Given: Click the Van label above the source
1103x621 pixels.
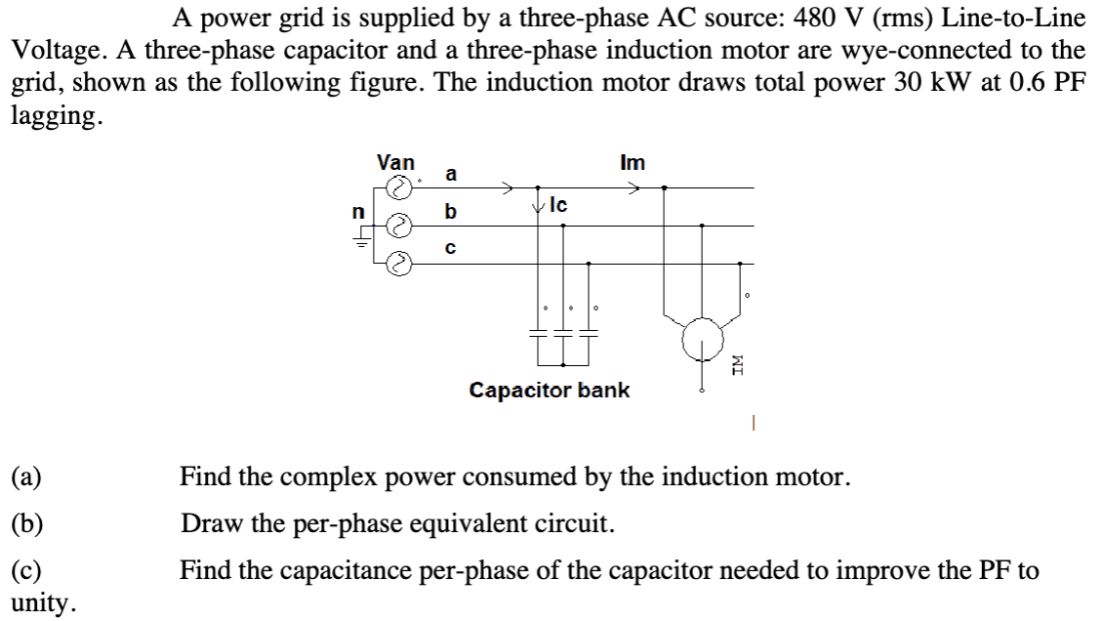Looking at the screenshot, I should tap(395, 162).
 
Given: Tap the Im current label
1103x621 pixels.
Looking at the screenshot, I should tap(632, 163).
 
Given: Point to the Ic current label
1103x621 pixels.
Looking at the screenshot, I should tap(559, 205).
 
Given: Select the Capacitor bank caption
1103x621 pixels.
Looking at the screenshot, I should tap(550, 391).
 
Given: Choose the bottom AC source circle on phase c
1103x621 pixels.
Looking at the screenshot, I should tap(397, 263).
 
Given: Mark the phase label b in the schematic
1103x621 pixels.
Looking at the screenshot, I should tap(450, 211).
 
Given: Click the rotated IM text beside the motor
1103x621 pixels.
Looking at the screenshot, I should tap(739, 368).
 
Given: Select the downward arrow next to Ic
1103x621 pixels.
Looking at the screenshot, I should tap(538, 206).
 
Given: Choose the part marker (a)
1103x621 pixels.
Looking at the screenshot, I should tap(23, 478).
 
